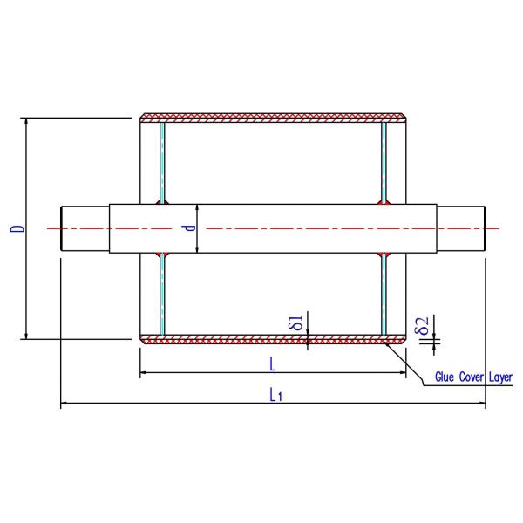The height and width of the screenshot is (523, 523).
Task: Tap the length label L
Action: [x=273, y=362]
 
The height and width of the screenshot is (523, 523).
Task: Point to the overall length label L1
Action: [x=275, y=395]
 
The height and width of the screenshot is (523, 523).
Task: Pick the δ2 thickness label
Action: [x=422, y=327]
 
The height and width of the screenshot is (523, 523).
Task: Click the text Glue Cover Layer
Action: [x=473, y=377]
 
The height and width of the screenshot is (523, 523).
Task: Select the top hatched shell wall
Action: [x=273, y=117]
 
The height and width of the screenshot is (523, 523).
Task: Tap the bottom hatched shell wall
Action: [x=273, y=338]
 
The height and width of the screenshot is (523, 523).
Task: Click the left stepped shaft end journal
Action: [x=85, y=228]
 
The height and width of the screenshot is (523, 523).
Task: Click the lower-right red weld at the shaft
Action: [x=384, y=255]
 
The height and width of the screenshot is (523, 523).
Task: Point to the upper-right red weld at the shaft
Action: [x=384, y=200]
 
